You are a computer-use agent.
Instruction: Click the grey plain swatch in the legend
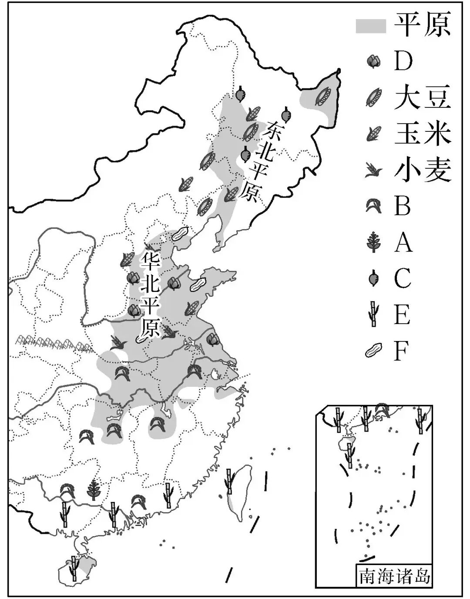tap(371, 26)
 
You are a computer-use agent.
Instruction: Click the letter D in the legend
tap(403, 61)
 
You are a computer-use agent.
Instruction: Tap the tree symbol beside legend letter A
tap(373, 242)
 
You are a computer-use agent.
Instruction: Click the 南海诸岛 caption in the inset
tap(394, 576)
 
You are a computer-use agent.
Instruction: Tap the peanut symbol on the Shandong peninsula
tap(198, 284)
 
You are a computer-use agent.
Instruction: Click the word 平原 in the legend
tap(422, 25)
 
